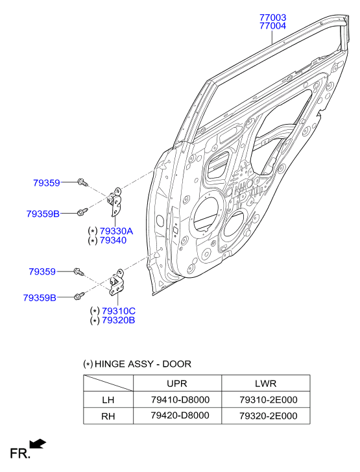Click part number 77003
(273, 18)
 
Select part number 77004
(273, 26)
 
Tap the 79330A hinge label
(116, 231)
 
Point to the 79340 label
(113, 240)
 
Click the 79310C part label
(119, 311)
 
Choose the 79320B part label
(118, 320)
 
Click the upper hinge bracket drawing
(115, 201)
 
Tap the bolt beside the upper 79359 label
(82, 182)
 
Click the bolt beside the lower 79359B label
(79, 295)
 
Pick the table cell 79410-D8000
(180, 400)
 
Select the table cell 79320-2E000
(269, 416)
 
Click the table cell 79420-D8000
(180, 416)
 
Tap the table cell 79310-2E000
(269, 400)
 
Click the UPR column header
(177, 384)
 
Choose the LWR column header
(265, 384)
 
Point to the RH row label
(108, 416)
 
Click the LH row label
(108, 400)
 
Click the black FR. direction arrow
(37, 443)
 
